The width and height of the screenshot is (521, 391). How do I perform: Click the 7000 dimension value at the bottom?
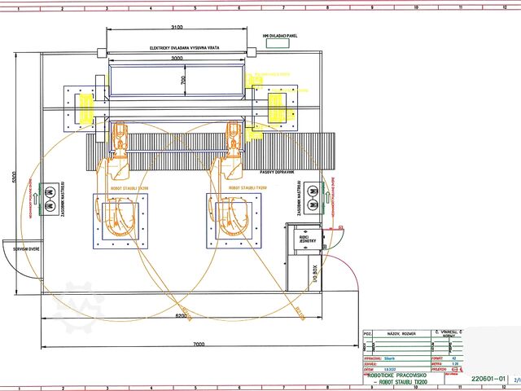tap(199, 345)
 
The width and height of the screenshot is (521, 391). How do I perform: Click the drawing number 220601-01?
tap(488, 379)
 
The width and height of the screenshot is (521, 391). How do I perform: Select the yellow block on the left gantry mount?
tap(84, 106)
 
